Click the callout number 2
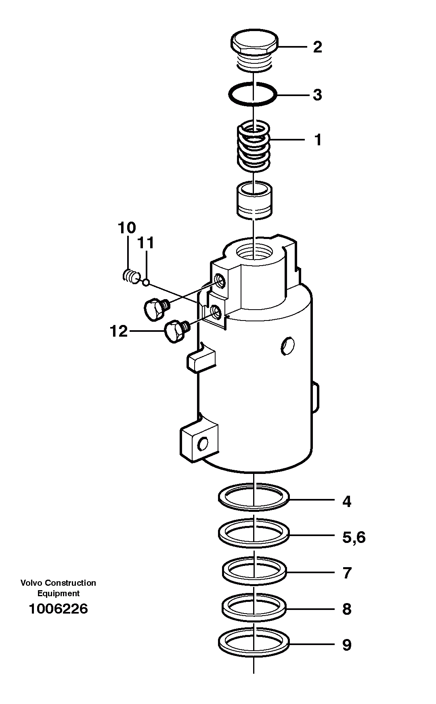click(318, 47)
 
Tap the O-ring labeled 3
click(252, 94)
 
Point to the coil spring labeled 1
click(253, 146)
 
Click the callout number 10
click(127, 228)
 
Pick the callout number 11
click(146, 243)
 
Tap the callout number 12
click(119, 331)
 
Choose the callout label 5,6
click(354, 537)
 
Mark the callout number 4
click(347, 501)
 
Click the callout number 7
click(347, 573)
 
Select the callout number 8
click(347, 609)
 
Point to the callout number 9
click(347, 645)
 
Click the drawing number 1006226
click(58, 609)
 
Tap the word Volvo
click(31, 583)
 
